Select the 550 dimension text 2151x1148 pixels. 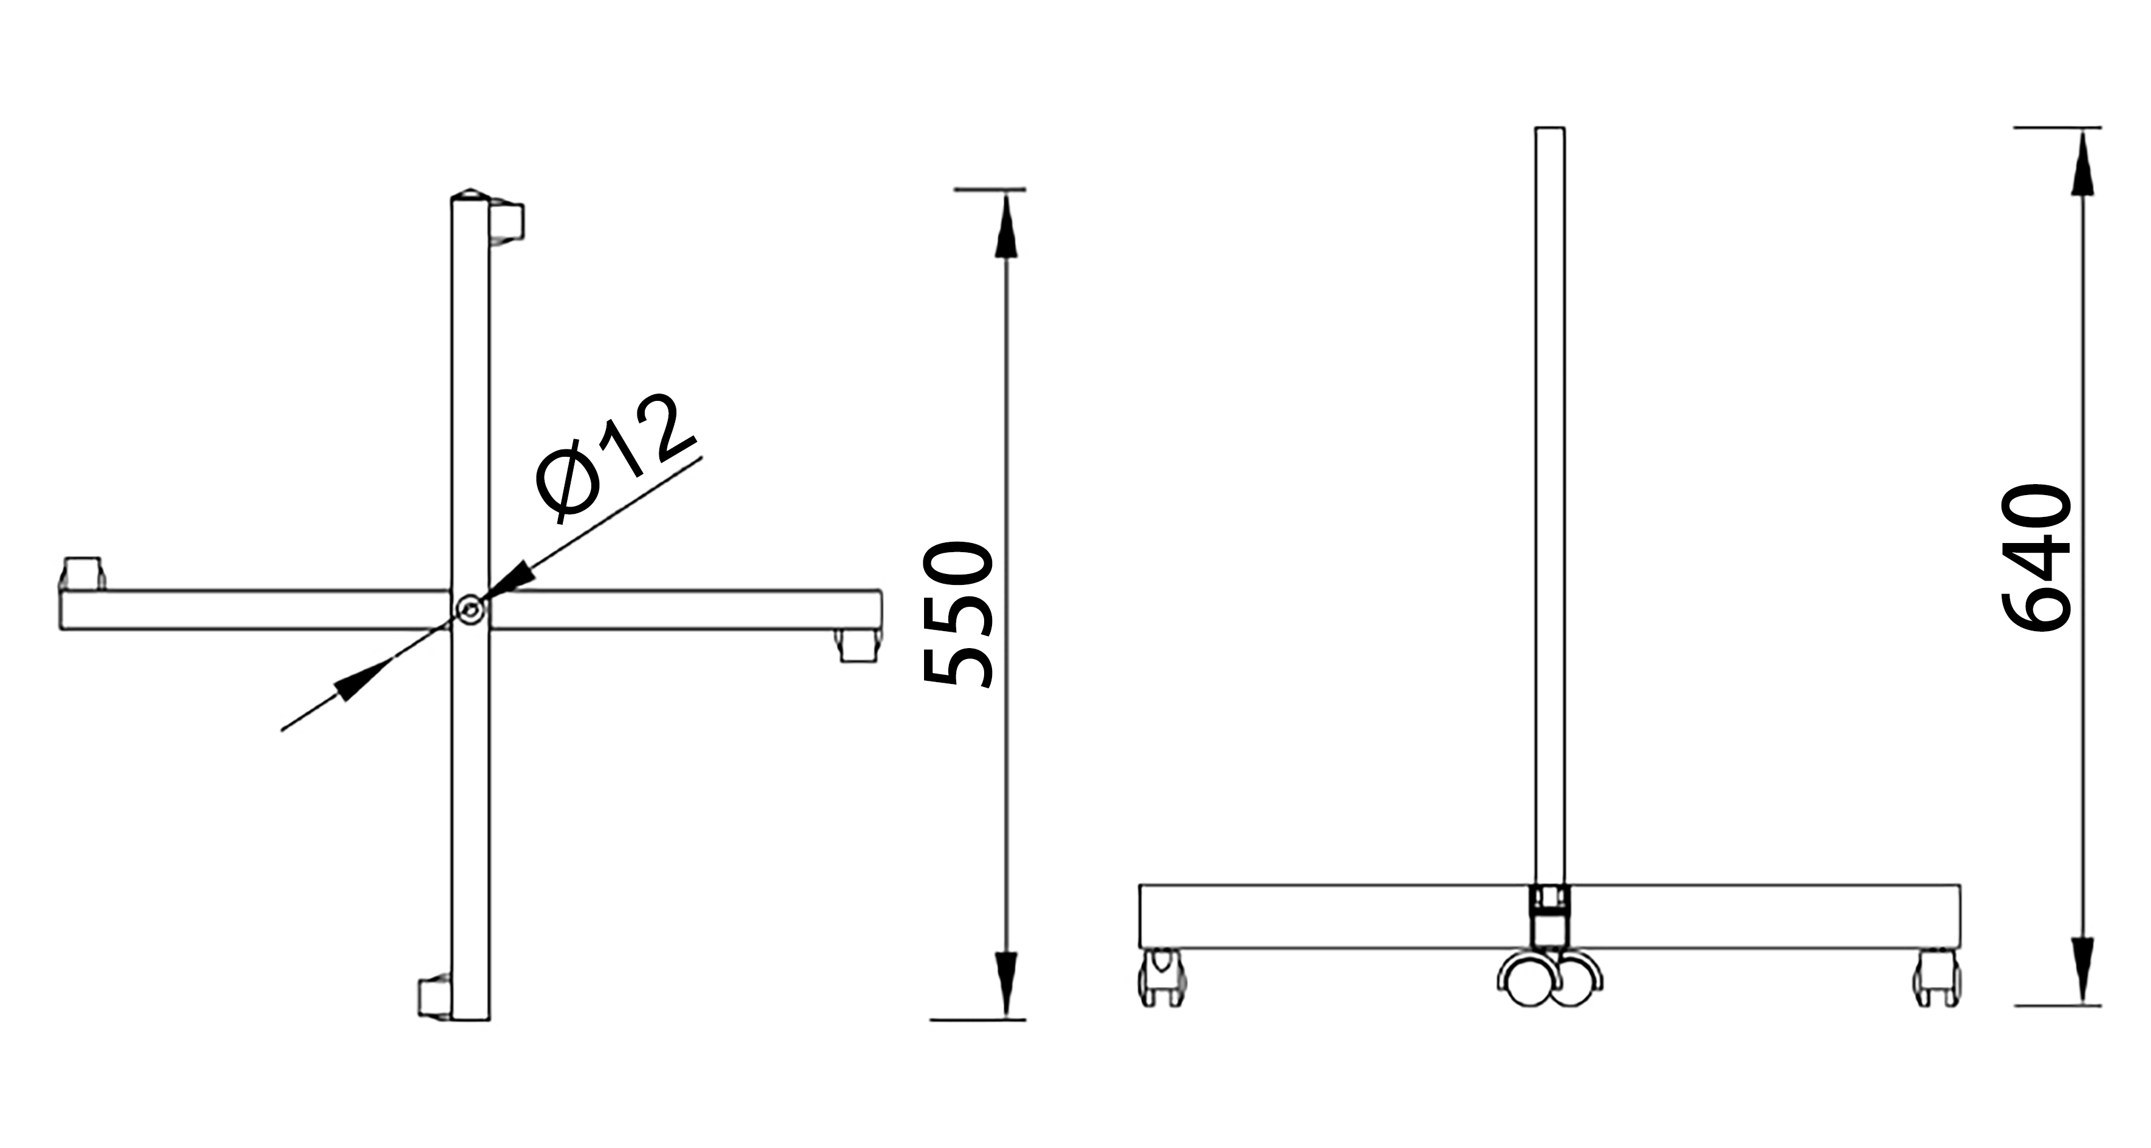(x=958, y=614)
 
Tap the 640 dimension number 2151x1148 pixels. (x=2037, y=558)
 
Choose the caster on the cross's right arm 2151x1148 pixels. (x=858, y=646)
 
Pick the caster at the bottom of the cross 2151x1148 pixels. (x=434, y=997)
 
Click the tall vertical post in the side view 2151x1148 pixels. (x=1550, y=501)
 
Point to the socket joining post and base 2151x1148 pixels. (x=1550, y=914)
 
